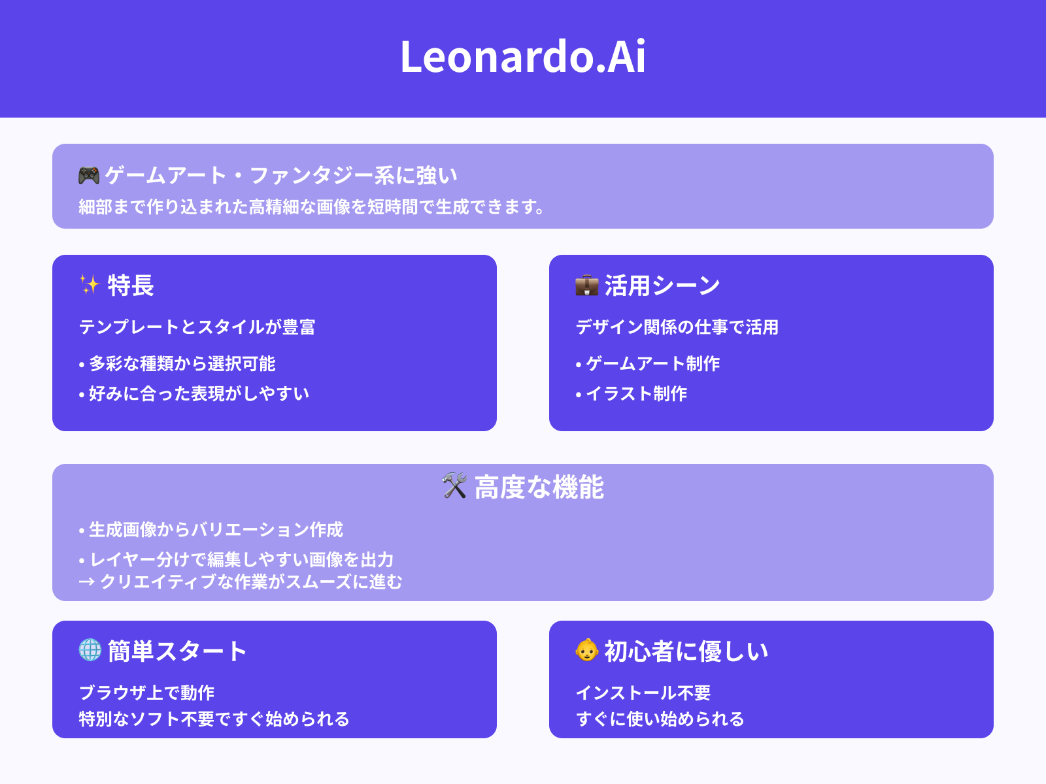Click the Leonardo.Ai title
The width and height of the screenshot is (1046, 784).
pos(523,57)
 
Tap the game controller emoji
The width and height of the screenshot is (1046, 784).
pos(89,175)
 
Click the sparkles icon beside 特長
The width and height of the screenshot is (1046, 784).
pos(90,285)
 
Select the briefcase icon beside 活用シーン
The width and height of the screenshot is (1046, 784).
pos(586,286)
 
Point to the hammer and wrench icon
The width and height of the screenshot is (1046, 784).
pos(454,486)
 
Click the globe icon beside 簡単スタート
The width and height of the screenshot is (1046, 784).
pos(90,650)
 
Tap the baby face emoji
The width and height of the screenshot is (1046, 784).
pos(586,650)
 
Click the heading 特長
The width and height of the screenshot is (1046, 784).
pos(131,286)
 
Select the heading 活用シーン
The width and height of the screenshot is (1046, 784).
pos(662,286)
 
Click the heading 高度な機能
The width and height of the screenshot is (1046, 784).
pos(539,487)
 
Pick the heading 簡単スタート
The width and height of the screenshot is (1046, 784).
pos(177,651)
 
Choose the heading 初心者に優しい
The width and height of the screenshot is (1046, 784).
pos(686,651)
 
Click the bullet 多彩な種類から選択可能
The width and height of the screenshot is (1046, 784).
pos(182,364)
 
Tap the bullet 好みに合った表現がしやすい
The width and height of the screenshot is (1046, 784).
pos(199,394)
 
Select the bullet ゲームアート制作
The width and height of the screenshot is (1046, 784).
pos(652,364)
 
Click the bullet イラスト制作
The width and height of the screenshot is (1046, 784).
pos(636,394)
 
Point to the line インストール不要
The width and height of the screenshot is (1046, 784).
pos(643,693)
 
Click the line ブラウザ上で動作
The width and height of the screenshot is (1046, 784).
pos(147,693)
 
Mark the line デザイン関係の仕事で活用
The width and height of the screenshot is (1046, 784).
pos(677,327)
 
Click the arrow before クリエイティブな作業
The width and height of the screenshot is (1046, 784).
pos(86,582)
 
